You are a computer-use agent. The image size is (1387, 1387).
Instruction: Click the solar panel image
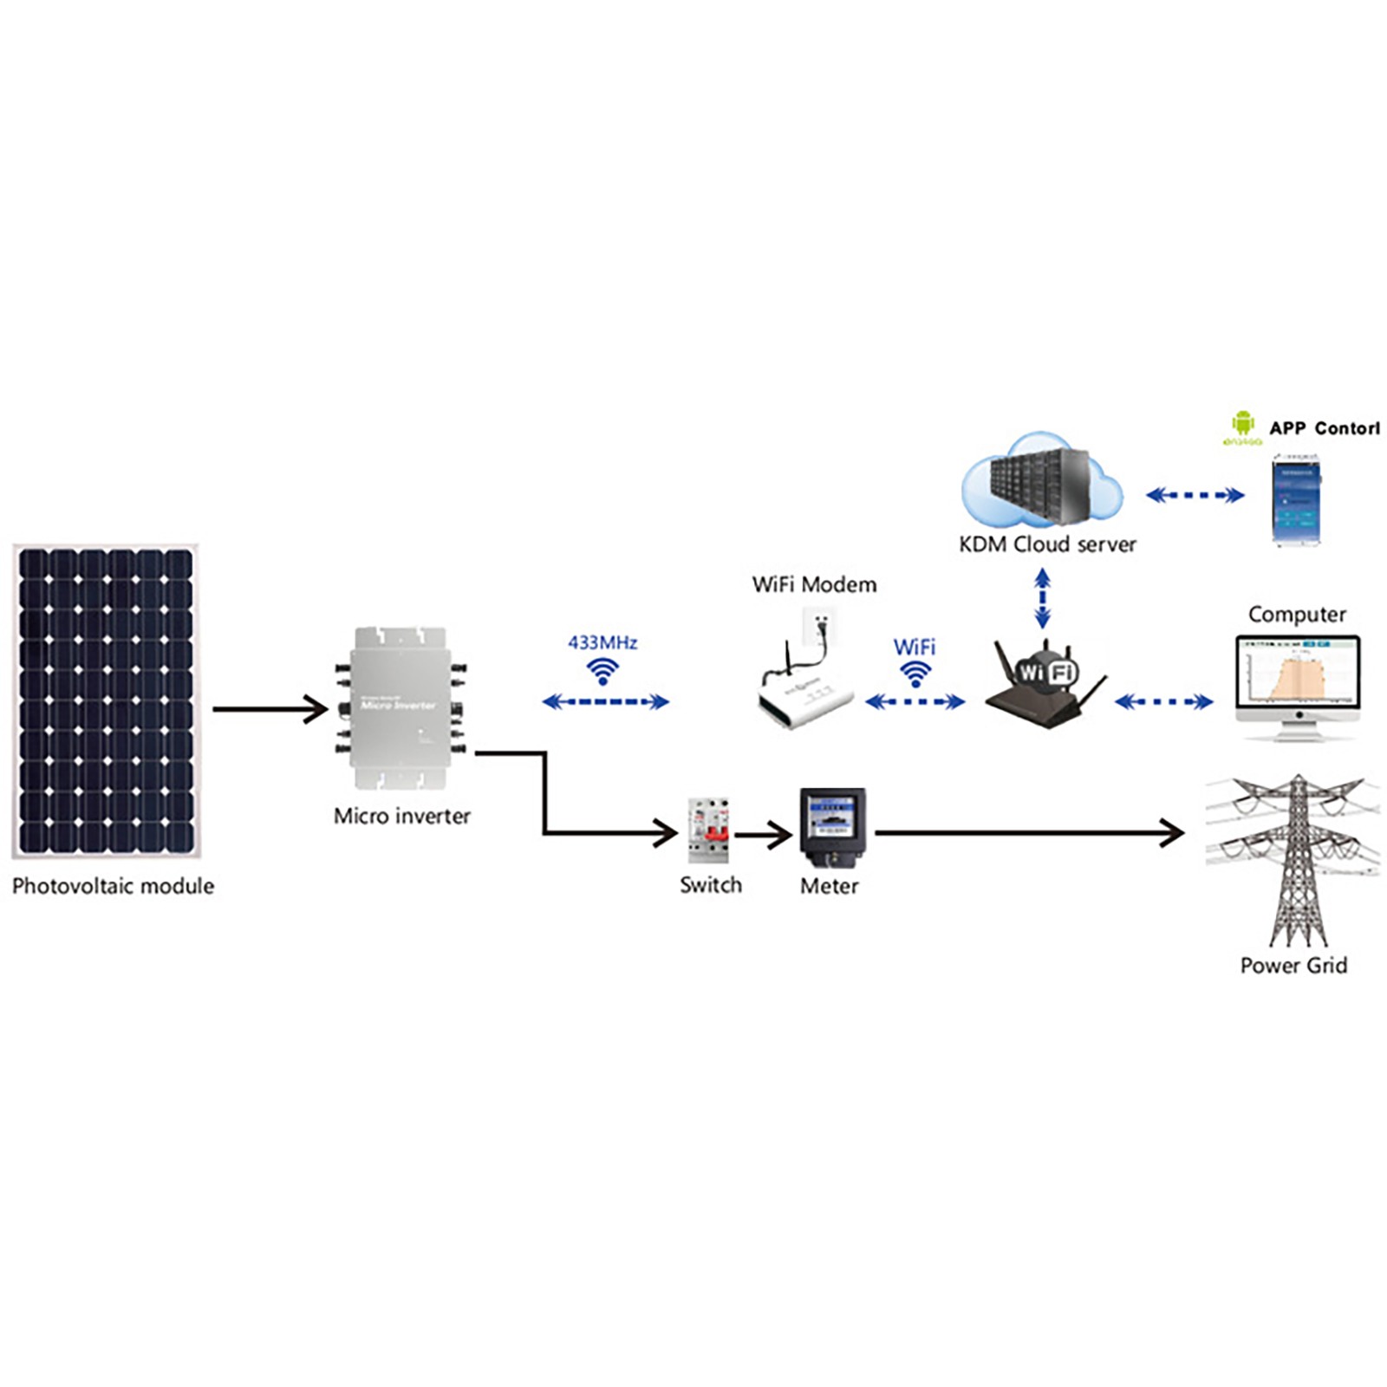click(106, 700)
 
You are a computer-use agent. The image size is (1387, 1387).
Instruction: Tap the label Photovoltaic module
click(113, 886)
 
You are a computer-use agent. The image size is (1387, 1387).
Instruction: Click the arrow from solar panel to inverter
click(270, 709)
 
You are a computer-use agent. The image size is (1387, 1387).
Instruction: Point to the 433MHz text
click(602, 642)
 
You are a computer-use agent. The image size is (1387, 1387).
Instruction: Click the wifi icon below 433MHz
click(602, 671)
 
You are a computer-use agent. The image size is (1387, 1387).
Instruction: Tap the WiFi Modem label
click(814, 584)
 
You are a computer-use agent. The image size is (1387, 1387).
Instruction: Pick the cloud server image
click(1041, 481)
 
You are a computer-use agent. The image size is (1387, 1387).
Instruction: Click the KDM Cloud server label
click(1047, 544)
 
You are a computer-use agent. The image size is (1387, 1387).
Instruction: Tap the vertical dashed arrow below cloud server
click(1043, 598)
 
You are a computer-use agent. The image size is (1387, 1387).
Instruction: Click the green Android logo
click(1243, 423)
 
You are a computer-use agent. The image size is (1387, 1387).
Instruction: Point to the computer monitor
click(1298, 680)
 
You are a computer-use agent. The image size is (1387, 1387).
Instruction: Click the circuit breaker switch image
click(709, 830)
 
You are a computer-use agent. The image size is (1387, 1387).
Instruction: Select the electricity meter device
click(832, 828)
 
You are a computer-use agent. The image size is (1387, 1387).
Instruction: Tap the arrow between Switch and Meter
click(764, 835)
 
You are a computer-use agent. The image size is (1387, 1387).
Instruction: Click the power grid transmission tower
click(1296, 858)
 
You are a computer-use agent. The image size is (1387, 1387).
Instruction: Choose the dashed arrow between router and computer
click(1163, 701)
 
